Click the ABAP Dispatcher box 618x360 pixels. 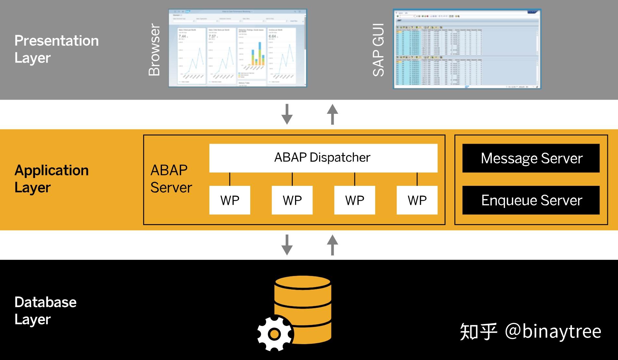coord(323,158)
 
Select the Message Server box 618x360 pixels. coord(531,158)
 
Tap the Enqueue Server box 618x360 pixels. coord(531,200)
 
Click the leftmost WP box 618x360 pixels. coord(229,200)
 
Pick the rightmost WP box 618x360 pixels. coord(417,200)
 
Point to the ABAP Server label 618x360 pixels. coord(171,179)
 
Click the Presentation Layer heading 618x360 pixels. coord(56,49)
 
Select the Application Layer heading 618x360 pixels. coord(51,179)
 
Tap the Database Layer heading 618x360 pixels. coord(45,310)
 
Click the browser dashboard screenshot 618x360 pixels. coord(237,48)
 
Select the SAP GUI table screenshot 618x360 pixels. coord(466,49)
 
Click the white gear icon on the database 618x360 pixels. coord(275,334)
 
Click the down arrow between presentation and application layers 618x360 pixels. coord(287,114)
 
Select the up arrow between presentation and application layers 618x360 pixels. coord(332,114)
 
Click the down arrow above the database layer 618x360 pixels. coord(287,245)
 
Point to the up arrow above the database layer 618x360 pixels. coord(332,245)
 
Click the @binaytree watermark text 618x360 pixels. coord(553,331)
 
